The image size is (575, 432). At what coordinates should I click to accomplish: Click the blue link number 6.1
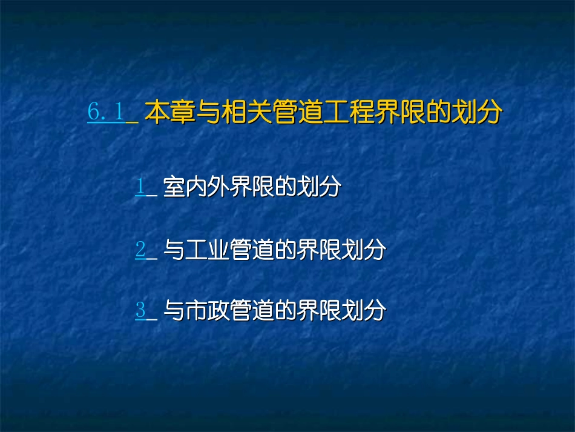[x=106, y=112]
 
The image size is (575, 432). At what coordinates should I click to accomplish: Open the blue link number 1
[x=140, y=187]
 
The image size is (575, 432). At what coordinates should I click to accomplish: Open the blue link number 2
[x=140, y=250]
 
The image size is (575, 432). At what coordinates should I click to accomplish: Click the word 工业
[x=208, y=250]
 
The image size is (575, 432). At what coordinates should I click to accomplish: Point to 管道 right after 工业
[x=251, y=250]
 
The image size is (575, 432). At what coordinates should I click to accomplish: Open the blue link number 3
[x=140, y=310]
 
